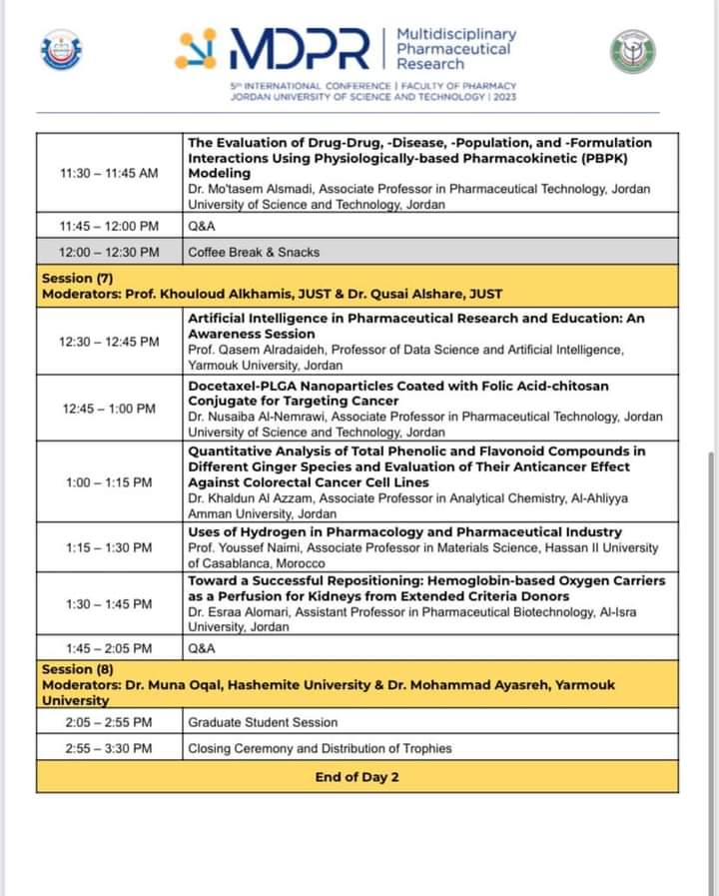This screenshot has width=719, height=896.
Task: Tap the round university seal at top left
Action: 61,50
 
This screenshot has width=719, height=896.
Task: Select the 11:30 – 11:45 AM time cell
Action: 109,173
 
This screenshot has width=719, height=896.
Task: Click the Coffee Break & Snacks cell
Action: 254,252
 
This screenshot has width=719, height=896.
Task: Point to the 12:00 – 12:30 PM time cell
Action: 109,252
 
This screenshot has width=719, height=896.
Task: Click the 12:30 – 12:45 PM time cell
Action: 109,342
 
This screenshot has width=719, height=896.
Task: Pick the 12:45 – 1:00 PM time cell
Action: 109,409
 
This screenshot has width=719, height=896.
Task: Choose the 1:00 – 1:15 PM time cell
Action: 109,482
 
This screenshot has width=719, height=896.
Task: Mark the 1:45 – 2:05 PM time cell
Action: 109,648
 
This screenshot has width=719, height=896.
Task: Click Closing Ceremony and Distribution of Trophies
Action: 320,748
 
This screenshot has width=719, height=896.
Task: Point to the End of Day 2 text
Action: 358,777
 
